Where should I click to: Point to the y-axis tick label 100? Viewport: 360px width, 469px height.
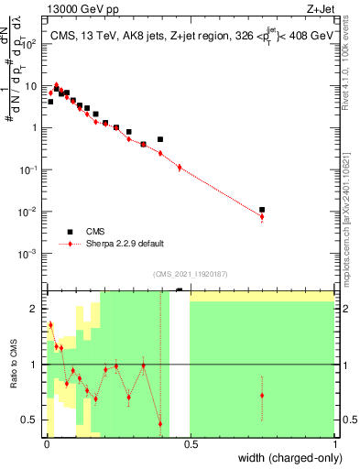tap(32, 43)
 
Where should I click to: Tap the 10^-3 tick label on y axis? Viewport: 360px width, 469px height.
tap(31, 253)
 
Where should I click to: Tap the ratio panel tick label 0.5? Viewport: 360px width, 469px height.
tap(32, 420)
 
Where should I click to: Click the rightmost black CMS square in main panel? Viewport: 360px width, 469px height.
tap(262, 210)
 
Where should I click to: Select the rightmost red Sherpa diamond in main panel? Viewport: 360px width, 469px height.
tap(262, 217)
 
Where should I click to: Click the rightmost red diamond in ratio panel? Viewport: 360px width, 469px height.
tap(262, 396)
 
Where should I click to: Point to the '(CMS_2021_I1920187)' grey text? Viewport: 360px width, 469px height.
tap(190, 272)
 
